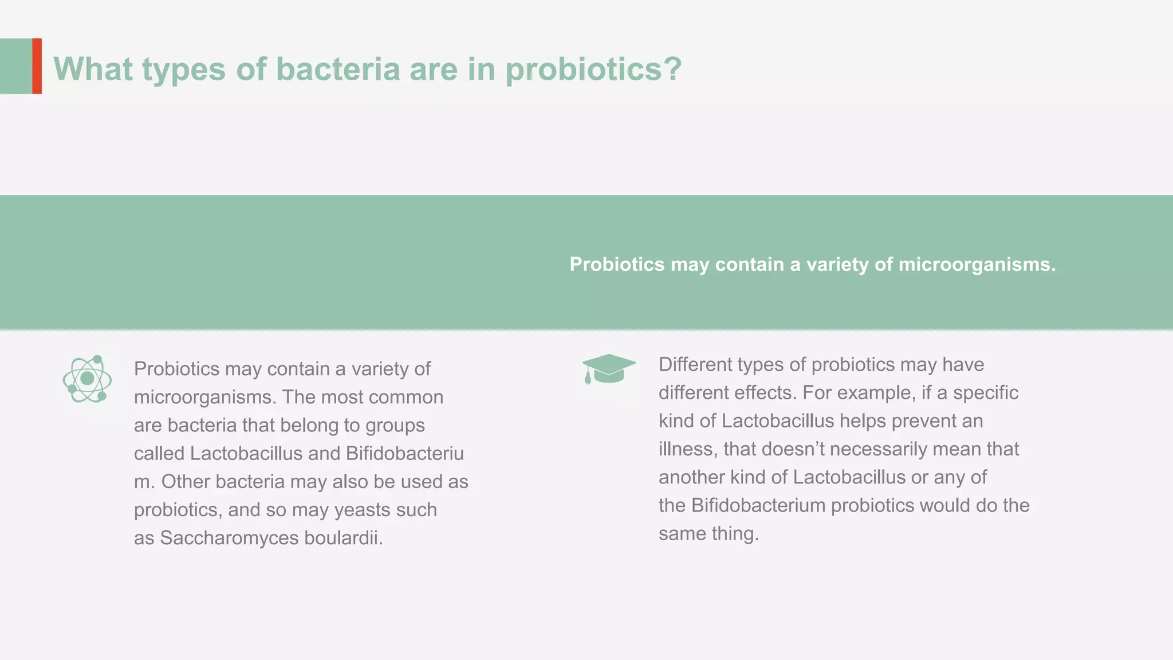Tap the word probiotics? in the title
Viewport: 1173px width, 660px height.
(x=593, y=69)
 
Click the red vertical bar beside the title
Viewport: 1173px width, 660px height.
(x=37, y=66)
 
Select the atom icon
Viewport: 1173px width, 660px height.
(x=87, y=379)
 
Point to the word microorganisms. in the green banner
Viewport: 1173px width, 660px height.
(x=977, y=265)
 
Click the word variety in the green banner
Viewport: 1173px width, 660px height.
(x=837, y=265)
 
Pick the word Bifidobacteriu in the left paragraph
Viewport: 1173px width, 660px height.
(x=405, y=454)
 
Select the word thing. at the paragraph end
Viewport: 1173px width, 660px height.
(x=735, y=533)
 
